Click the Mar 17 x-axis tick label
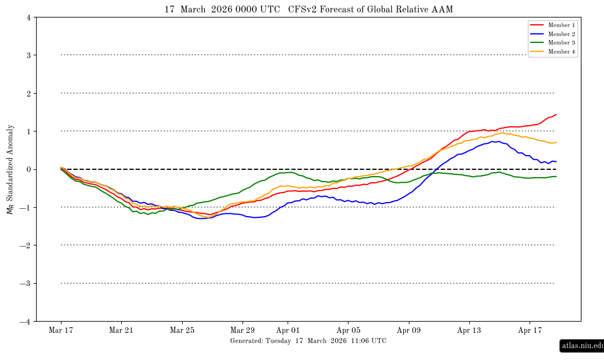[60, 330]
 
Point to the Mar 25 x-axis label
[182, 330]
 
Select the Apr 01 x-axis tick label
[288, 330]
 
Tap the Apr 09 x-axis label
[409, 330]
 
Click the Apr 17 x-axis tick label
[530, 330]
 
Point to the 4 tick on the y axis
[28, 17]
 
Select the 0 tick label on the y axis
[28, 169]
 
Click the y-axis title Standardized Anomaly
[10, 169]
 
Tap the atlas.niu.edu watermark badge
[582, 345]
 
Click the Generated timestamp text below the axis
[308, 341]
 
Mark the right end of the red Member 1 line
[556, 115]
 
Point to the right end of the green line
[556, 177]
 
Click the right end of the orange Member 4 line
[556, 142]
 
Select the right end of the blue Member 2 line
[556, 162]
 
